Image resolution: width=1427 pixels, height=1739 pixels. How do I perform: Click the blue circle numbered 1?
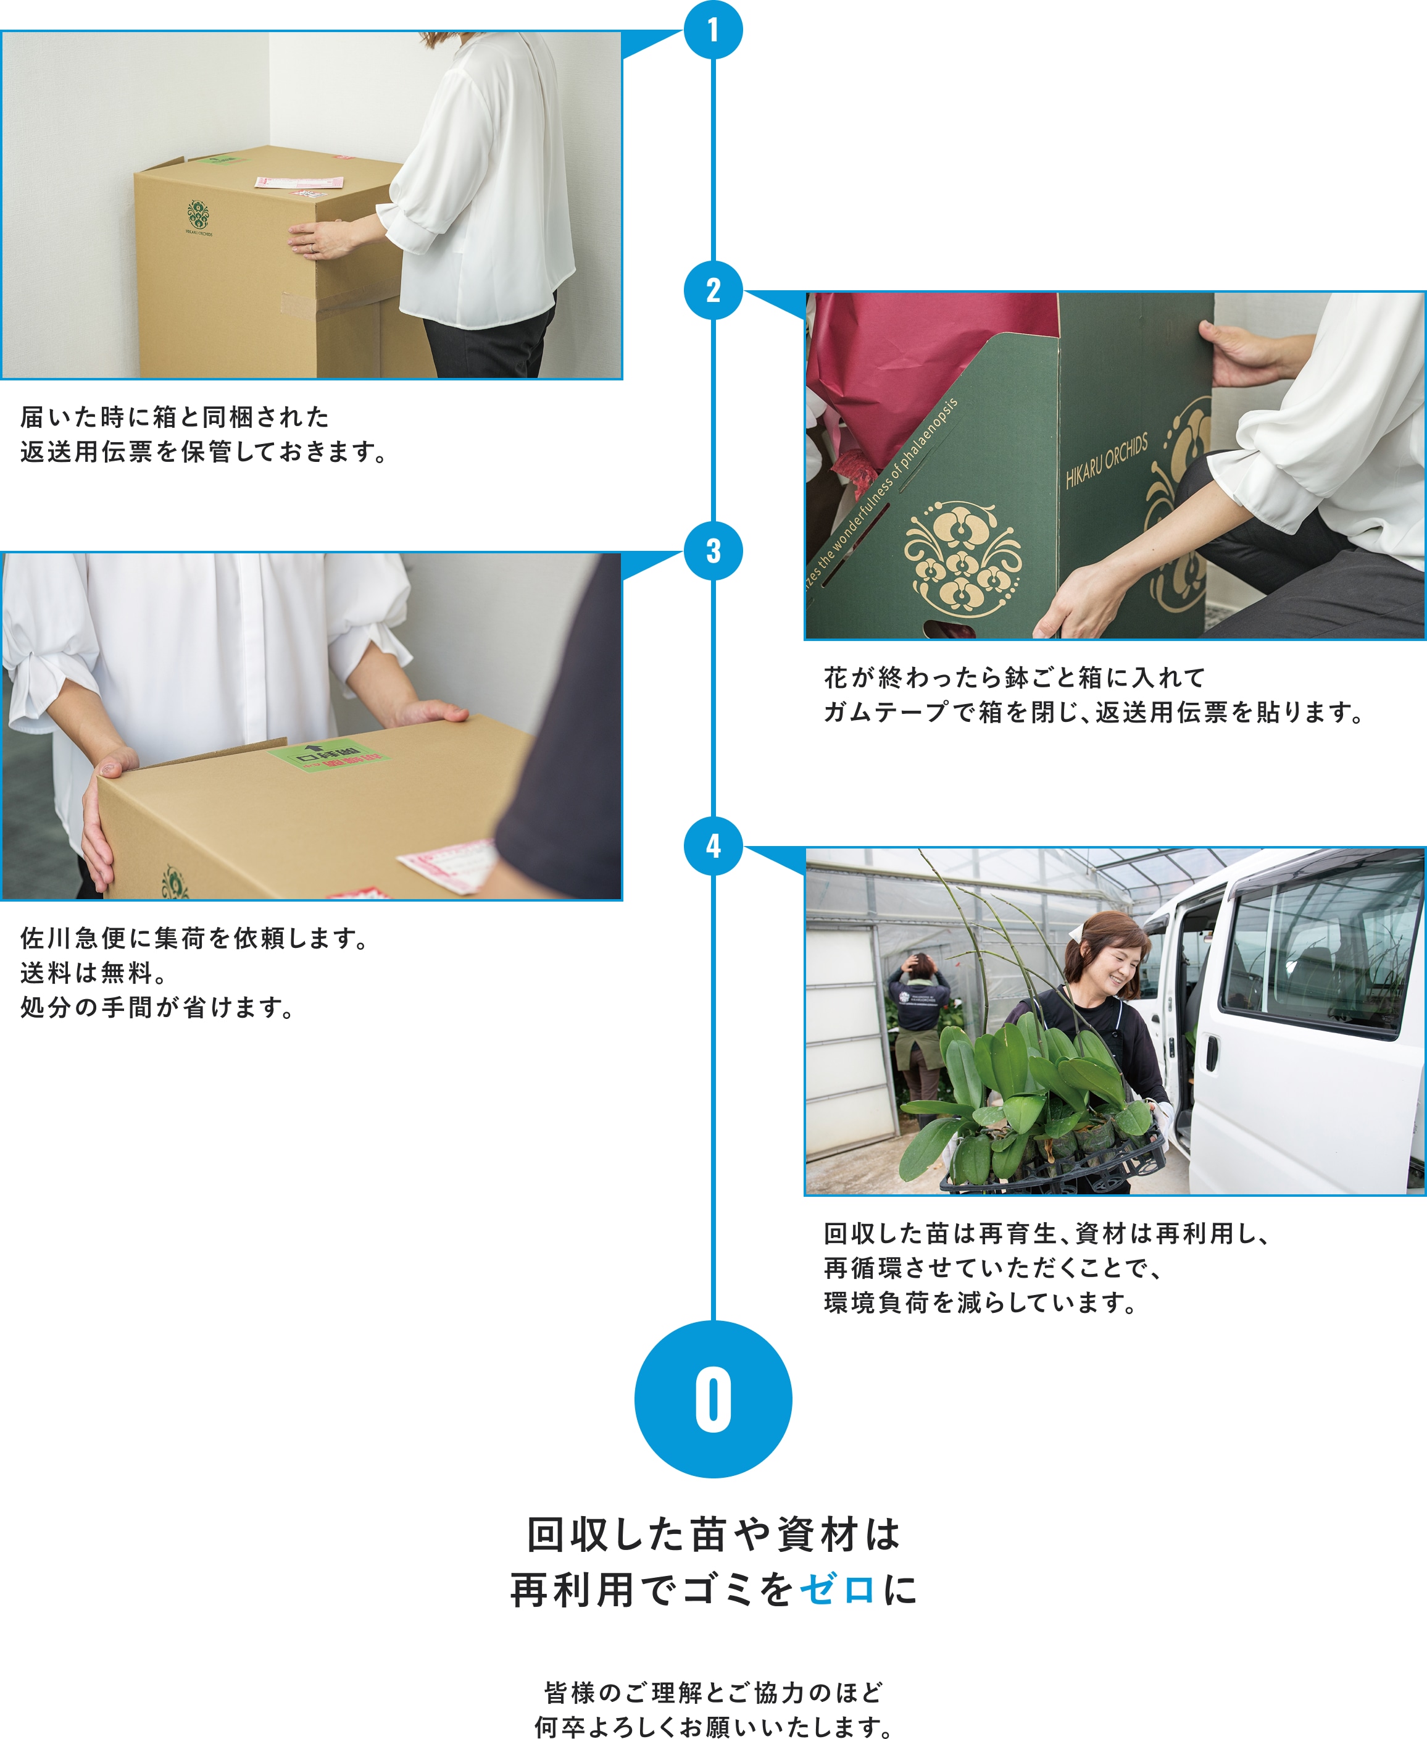coord(713,30)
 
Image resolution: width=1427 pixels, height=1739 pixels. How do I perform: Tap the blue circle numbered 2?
coord(713,290)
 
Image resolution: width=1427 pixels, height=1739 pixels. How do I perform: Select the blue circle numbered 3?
coord(713,551)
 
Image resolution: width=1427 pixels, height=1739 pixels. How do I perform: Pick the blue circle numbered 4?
coord(713,845)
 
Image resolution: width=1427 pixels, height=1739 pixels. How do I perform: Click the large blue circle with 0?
coord(713,1399)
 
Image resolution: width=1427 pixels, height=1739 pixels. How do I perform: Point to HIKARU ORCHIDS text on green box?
coord(1107,461)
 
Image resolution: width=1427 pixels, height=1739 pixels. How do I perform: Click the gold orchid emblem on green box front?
coord(962,559)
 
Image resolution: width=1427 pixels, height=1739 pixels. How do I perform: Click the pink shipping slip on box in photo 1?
coord(297,182)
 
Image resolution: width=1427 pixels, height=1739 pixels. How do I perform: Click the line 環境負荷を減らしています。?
coord(980,1302)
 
